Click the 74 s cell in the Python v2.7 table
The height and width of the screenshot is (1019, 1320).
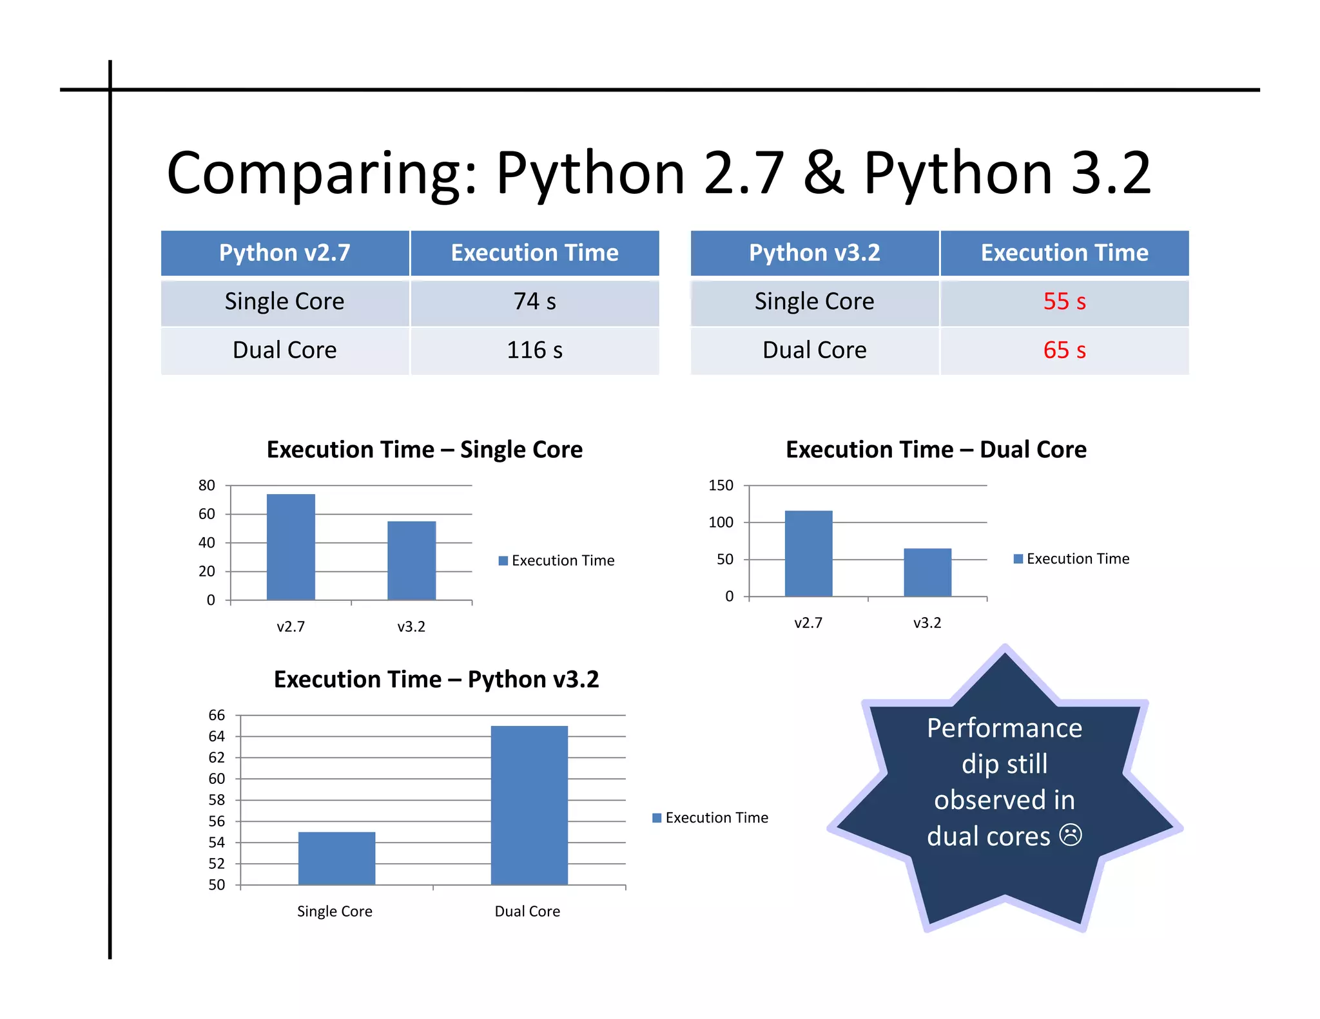[x=534, y=301]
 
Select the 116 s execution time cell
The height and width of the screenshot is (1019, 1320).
[x=534, y=350]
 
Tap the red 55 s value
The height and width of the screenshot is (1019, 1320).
[x=1064, y=301]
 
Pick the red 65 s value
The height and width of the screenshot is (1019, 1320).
[x=1064, y=350]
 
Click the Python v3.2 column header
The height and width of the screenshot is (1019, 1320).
[x=814, y=252]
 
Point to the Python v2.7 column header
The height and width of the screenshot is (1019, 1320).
[x=284, y=252]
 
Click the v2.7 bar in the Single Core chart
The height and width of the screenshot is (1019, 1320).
[x=291, y=548]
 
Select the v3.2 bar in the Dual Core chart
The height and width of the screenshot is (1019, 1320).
[x=927, y=573]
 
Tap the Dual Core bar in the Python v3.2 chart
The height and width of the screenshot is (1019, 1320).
[x=529, y=805]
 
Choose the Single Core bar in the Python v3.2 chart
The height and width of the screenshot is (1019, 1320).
[x=336, y=859]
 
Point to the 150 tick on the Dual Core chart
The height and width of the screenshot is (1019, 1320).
[x=721, y=486]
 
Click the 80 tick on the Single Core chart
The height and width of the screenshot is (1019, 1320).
[x=206, y=486]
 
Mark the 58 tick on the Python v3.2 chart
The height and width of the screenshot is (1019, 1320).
[x=217, y=800]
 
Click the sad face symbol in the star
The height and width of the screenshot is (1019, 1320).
[x=1071, y=835]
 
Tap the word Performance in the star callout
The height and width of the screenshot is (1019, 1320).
[x=1004, y=729]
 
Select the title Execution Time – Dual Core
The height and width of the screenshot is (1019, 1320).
[x=936, y=450]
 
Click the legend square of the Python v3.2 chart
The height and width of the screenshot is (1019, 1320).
[x=657, y=818]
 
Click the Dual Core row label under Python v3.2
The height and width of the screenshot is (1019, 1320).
[x=814, y=350]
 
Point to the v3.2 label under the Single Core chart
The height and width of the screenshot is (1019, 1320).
[x=411, y=627]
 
